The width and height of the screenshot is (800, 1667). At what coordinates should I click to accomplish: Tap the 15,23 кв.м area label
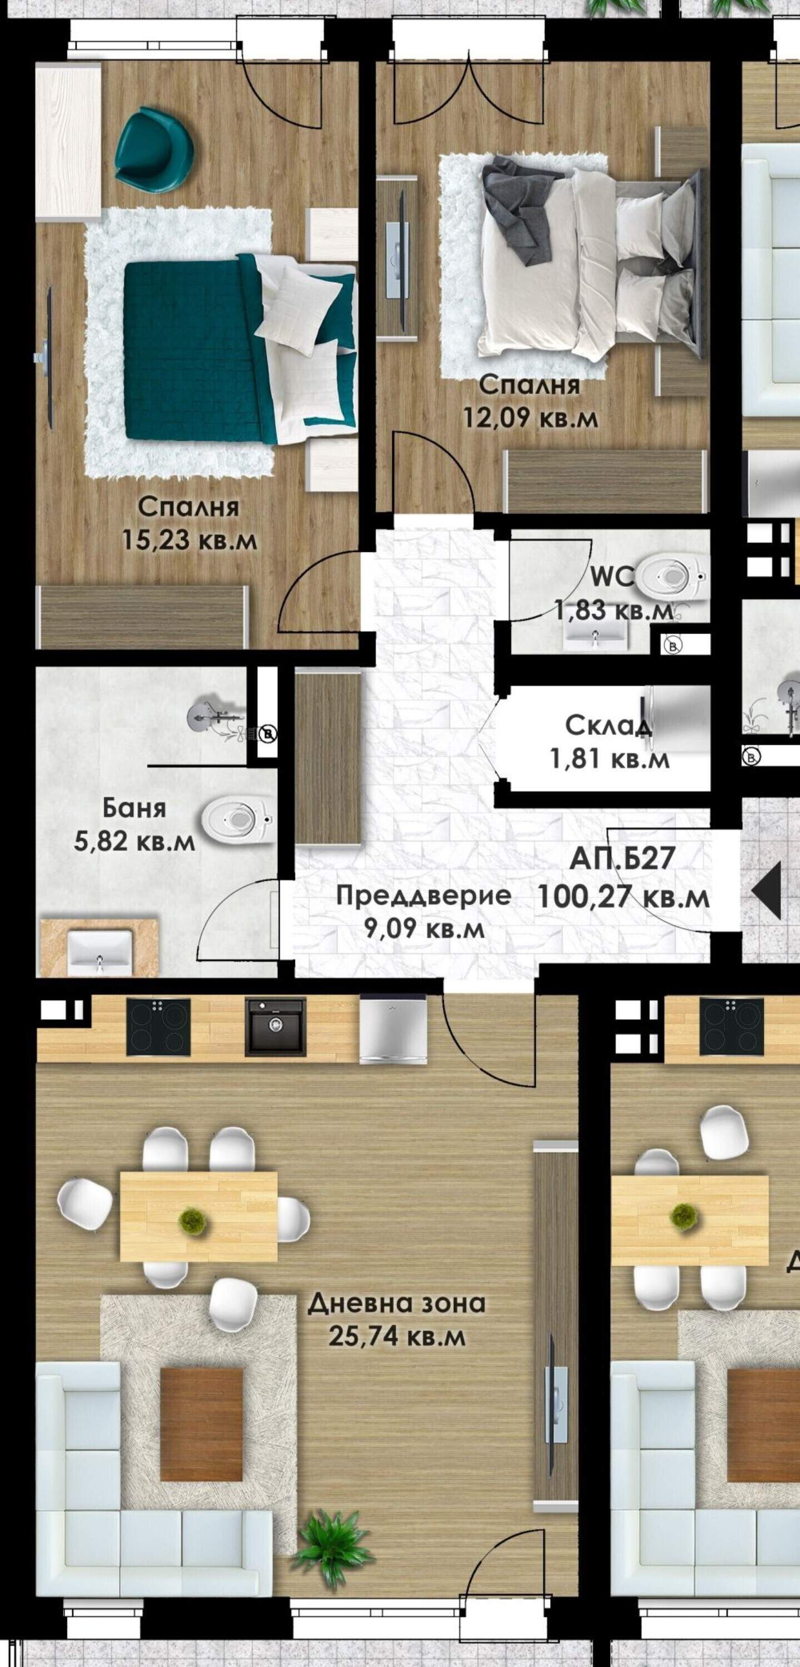tap(189, 539)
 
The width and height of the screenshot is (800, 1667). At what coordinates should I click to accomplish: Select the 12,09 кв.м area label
tap(530, 417)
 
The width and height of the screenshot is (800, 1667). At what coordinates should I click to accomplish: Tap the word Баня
tap(134, 808)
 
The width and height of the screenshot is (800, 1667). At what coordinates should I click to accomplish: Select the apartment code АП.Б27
tap(623, 859)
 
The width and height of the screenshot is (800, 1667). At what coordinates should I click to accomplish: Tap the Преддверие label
tap(424, 896)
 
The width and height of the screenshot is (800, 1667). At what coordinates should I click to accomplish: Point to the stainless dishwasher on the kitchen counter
tap(393, 1029)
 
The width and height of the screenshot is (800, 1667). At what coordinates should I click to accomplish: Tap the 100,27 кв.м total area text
tap(623, 897)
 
